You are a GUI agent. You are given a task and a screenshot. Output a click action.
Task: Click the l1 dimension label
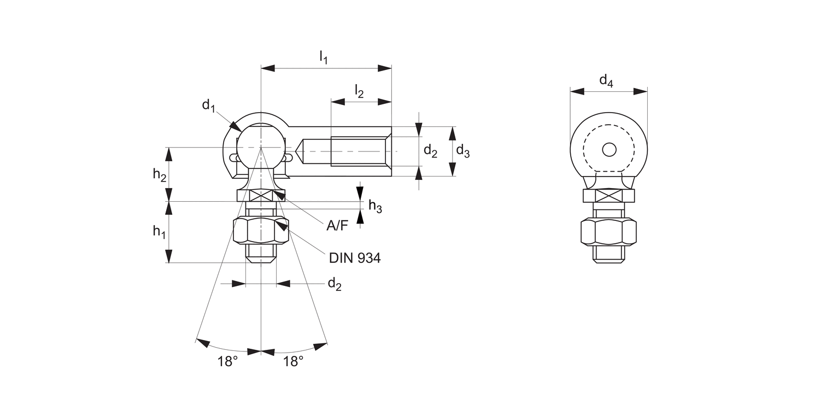point(324,57)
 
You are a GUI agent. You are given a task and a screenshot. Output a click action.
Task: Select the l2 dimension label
point(359,91)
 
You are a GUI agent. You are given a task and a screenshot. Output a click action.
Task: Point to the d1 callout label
point(209,106)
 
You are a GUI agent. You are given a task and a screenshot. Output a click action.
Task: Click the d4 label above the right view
point(606,81)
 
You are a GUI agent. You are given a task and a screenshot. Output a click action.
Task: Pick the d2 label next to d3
point(431,151)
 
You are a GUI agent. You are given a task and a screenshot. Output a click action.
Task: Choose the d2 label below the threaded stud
point(334,284)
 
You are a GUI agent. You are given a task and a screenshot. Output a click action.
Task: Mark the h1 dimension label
point(159,232)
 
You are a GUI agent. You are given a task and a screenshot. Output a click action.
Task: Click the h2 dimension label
point(159,174)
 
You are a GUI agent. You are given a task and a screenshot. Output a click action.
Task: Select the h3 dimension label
point(375,206)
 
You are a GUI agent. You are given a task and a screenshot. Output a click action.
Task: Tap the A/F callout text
point(337,225)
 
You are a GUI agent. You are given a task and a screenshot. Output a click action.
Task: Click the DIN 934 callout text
point(355,258)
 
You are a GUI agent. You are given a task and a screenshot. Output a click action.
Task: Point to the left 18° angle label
point(228,361)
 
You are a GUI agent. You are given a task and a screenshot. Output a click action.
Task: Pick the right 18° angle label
point(294,361)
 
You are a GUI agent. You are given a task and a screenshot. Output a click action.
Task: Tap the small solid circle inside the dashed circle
point(609,149)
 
